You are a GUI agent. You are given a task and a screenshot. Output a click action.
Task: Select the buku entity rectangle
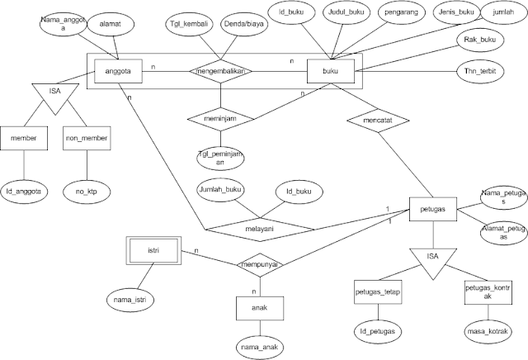tap(332, 73)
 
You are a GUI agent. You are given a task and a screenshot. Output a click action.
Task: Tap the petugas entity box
tap(432, 211)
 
